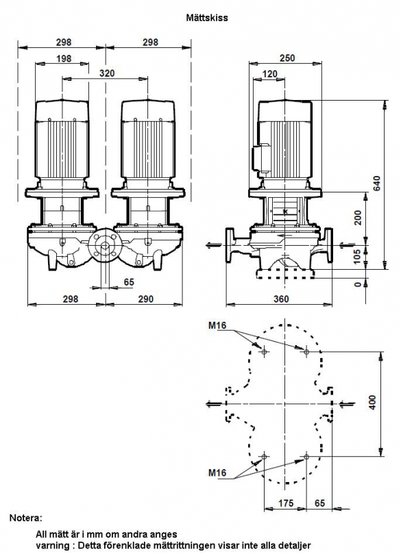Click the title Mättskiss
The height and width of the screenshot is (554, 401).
click(207, 18)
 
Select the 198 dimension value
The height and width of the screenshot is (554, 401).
click(64, 58)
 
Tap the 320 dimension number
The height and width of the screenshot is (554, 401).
click(107, 73)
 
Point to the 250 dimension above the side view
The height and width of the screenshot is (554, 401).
click(287, 58)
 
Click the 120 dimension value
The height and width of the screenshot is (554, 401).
click(270, 74)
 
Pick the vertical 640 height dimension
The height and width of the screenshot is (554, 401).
click(377, 183)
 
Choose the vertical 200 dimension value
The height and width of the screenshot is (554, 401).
click(358, 218)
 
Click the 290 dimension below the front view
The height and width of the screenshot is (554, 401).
click(145, 299)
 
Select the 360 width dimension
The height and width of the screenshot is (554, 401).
click(281, 299)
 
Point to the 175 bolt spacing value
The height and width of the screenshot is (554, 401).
click(285, 503)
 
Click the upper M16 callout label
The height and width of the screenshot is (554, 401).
click(217, 325)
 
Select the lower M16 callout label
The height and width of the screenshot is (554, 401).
click(217, 473)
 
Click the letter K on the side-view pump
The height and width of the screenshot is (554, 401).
click(285, 212)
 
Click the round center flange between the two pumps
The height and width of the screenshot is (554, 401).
click(105, 247)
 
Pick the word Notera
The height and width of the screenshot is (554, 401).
click(25, 518)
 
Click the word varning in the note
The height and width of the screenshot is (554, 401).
click(50, 545)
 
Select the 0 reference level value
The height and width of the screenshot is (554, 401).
click(358, 284)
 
